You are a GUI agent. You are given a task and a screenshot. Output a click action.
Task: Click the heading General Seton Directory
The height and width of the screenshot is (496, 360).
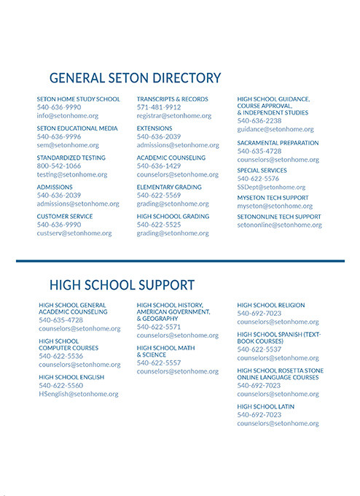(x=135, y=77)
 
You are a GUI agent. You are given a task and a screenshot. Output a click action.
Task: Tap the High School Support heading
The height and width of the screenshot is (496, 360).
(x=122, y=284)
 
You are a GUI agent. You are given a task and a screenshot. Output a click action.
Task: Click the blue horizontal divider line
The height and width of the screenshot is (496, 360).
(x=180, y=260)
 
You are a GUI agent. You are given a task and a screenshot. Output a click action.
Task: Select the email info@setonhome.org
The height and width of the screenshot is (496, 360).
(x=67, y=116)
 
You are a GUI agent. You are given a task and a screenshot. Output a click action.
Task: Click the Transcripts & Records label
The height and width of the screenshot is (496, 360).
(x=172, y=99)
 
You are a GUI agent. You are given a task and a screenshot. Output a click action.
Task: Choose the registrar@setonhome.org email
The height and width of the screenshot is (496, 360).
(x=174, y=116)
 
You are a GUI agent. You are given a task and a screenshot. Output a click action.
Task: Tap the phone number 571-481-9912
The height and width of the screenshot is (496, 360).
(x=159, y=107)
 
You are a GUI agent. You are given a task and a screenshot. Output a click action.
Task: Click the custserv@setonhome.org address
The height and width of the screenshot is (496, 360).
(x=74, y=233)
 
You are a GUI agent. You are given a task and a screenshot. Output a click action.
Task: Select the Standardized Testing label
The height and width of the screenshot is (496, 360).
(x=71, y=158)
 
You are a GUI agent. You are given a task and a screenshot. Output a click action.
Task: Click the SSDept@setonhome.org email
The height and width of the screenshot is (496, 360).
(x=271, y=187)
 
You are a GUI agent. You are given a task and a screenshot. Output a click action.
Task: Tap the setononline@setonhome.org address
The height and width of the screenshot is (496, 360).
(x=279, y=225)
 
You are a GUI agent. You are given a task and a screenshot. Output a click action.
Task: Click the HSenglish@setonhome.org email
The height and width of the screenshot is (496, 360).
(x=78, y=395)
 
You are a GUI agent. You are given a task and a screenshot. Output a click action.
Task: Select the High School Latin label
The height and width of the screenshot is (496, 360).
(x=265, y=406)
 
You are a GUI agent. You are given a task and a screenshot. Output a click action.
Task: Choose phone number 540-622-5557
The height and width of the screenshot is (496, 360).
(x=159, y=363)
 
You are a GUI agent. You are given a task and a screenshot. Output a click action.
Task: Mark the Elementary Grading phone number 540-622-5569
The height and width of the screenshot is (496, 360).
(x=159, y=195)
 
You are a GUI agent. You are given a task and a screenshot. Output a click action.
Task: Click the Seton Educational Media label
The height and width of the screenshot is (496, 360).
(x=77, y=128)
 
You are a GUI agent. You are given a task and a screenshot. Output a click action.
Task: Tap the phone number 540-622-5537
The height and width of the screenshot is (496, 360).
(x=259, y=349)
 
